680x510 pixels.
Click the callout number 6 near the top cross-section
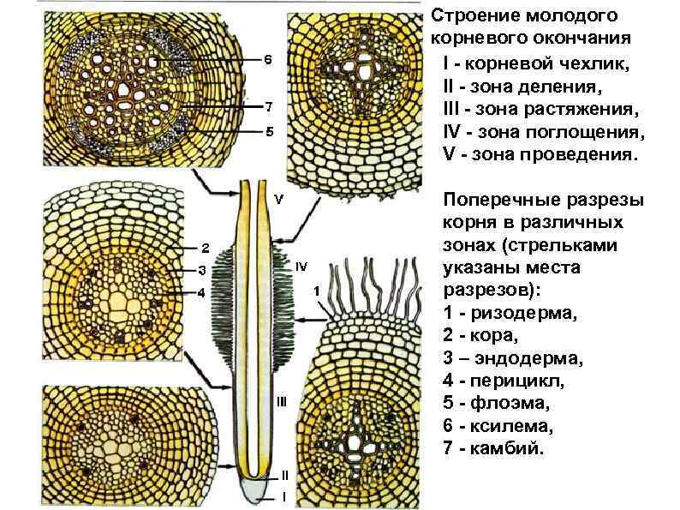[x=267, y=60]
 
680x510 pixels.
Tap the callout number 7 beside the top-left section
[x=267, y=106]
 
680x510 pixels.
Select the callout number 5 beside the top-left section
[x=268, y=132]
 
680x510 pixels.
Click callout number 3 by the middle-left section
[x=202, y=271]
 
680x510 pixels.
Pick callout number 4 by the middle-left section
[x=202, y=293]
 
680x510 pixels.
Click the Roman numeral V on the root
[x=278, y=199]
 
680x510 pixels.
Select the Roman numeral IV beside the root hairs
[x=301, y=267]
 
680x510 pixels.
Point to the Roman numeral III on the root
[x=281, y=401]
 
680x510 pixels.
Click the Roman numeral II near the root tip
[x=284, y=474]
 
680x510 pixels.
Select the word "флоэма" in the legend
[x=509, y=404]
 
